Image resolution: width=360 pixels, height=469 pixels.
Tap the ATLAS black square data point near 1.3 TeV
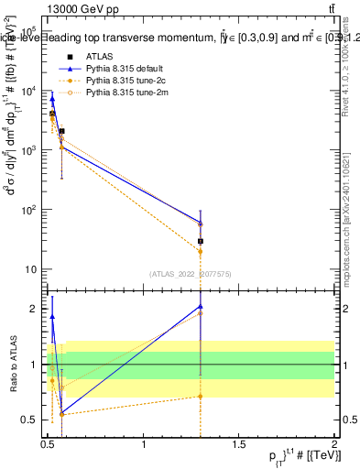(200, 241)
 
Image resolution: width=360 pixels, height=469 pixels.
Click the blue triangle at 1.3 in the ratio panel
(200, 306)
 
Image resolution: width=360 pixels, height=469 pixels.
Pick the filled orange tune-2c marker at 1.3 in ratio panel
(200, 397)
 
